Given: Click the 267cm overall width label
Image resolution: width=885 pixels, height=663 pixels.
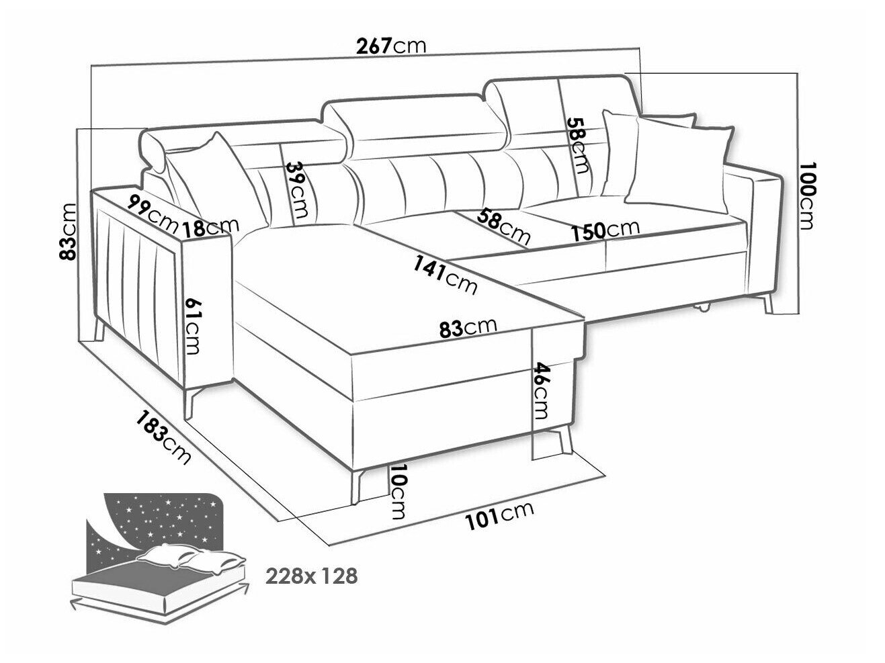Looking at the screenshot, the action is pos(391,46).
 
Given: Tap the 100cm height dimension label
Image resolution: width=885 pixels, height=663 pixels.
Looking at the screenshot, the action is pos(807,196).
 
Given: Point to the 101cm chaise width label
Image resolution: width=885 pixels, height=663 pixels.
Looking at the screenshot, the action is pos(499,517).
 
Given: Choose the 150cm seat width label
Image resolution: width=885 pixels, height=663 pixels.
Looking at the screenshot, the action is pos(605,230).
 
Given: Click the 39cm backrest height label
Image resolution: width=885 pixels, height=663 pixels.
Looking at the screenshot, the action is pos(298,190).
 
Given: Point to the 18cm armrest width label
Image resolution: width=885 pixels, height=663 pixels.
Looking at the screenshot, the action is pos(210,228).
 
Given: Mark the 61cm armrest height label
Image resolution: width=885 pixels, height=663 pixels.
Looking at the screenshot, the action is pos(192,326).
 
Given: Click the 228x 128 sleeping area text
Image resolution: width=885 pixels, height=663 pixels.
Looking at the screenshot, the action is pos(311,576).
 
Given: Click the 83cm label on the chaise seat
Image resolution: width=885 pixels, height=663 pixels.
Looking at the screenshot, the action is pos(468,328).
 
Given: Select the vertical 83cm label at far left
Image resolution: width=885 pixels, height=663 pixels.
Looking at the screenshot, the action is pos(67,232).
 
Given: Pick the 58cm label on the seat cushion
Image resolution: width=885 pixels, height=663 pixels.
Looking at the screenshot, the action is pos(503,228).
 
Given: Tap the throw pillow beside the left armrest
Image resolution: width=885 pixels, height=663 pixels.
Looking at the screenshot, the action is pos(218,177).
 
